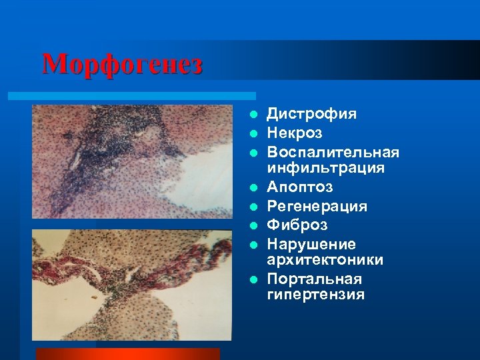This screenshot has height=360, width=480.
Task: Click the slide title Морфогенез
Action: point(122,65)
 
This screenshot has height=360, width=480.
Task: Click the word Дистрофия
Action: point(311,114)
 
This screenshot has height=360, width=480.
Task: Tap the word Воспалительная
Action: point(333,153)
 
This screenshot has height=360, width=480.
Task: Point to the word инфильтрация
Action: point(325,168)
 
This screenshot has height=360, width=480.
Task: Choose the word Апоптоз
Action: point(301,187)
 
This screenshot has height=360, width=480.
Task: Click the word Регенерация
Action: point(317,207)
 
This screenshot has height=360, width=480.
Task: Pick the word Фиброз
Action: point(297,225)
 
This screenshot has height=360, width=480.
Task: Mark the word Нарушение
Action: point(311,245)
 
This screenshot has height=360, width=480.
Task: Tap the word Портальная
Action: point(315,279)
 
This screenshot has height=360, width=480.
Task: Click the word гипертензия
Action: point(315,294)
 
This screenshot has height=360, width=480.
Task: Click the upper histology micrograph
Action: point(133,161)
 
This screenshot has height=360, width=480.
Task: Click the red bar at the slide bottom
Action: point(127,353)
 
